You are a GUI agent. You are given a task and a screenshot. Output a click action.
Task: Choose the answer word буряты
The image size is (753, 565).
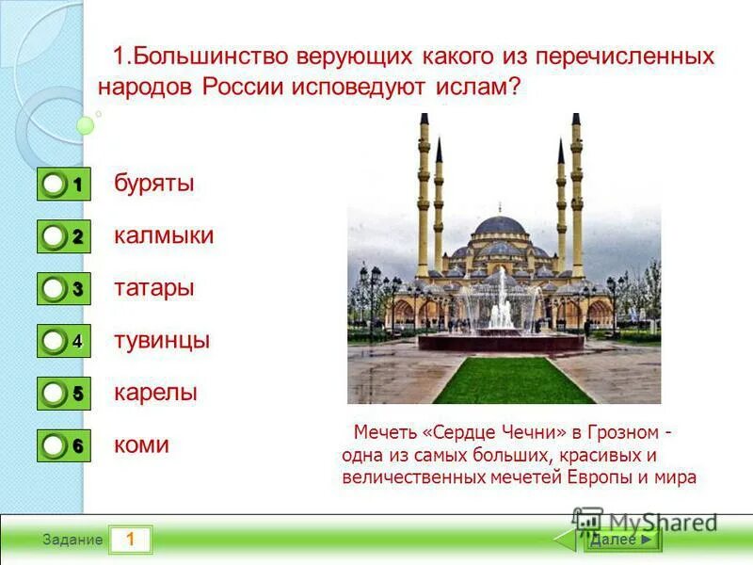point(154,183)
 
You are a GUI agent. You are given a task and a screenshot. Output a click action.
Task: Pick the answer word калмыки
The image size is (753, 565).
point(164,235)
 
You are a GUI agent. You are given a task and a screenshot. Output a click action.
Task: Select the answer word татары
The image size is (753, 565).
point(154,288)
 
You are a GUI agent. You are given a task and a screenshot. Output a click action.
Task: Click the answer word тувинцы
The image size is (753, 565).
point(162,340)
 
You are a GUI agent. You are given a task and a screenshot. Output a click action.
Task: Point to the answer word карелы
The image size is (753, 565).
point(155,393)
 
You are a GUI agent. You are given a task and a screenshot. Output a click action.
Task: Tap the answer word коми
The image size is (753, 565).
point(141,444)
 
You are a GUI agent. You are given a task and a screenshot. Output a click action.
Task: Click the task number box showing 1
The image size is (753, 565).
point(131,540)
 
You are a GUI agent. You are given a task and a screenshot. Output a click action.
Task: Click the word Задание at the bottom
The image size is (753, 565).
point(72,541)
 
